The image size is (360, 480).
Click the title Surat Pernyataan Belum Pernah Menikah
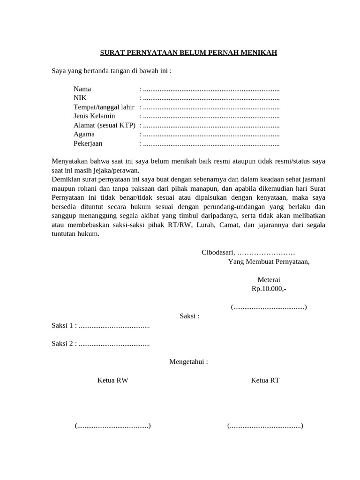point(188,52)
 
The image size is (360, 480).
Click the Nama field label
point(82,89)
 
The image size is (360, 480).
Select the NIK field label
point(80,98)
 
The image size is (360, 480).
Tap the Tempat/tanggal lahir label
point(104,107)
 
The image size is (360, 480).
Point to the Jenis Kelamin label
point(94,116)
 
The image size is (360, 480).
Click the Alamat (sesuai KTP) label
point(104,125)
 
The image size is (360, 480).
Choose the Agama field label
point(84,135)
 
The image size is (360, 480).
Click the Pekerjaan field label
point(88,143)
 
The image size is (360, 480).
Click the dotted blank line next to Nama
point(211,89)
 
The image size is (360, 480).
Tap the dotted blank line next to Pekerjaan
point(211,143)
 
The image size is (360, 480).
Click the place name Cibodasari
point(218,253)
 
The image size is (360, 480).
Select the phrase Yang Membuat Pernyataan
point(269,262)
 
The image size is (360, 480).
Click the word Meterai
point(269,280)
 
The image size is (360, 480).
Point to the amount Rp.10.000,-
point(269,289)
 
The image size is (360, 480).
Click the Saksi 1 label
point(64,325)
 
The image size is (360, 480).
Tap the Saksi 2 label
point(64,344)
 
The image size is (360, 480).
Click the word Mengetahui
point(188,362)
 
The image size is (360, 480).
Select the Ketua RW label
point(112,380)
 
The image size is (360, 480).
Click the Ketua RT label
point(265,380)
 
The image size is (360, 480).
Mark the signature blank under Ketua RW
point(112,426)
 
